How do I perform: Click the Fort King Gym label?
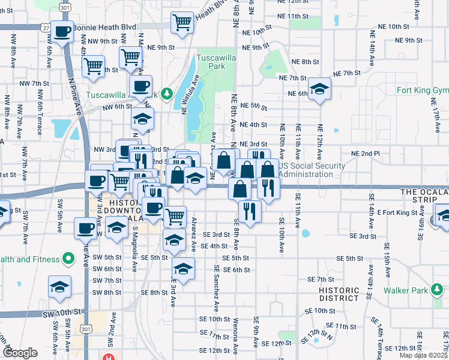click(x=423, y=91)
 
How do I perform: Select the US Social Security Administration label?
click(x=312, y=170)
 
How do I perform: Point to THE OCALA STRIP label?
click(x=424, y=196)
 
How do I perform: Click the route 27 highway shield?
click(x=46, y=28)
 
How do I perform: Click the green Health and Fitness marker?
click(x=68, y=259)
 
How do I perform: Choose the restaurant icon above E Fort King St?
click(x=249, y=211)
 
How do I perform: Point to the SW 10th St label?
click(x=61, y=313)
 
